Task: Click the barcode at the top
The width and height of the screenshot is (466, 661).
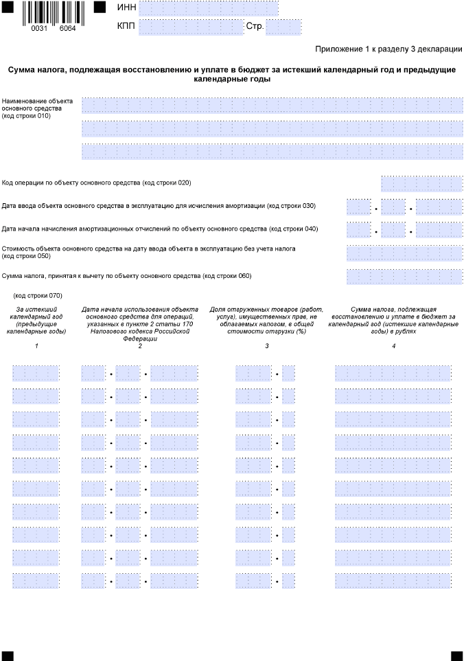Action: [x=53, y=14]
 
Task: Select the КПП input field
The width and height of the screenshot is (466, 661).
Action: [x=190, y=27]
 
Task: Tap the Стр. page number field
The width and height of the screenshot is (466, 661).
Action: [x=283, y=27]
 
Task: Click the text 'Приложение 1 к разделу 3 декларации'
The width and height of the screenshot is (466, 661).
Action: [x=388, y=49]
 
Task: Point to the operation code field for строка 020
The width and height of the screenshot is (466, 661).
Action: [x=421, y=183]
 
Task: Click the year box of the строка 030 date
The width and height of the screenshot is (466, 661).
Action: [x=439, y=207]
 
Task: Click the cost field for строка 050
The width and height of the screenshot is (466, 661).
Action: [x=404, y=253]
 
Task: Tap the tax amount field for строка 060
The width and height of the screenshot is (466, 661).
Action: [x=404, y=277]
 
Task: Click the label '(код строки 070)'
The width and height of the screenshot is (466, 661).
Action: [x=38, y=296]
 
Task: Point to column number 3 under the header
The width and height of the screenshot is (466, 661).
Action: [x=266, y=345]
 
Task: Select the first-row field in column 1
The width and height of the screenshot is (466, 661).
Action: [x=36, y=373]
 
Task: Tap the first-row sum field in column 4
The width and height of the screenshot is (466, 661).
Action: [x=393, y=373]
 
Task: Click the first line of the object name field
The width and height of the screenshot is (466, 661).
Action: [x=272, y=105]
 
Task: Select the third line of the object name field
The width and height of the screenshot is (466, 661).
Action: [x=272, y=152]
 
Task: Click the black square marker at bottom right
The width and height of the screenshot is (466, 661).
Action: [x=456, y=656]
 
